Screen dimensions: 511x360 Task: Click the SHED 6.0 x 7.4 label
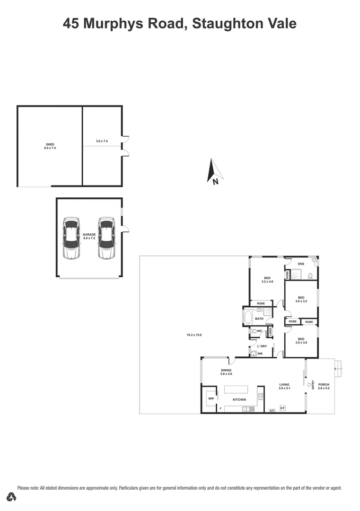click(x=50, y=146)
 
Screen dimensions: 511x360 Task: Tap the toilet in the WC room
click(x=254, y=332)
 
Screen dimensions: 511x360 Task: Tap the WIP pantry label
click(x=211, y=398)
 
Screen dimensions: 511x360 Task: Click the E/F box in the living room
click(x=282, y=408)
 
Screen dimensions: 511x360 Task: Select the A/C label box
click(x=272, y=410)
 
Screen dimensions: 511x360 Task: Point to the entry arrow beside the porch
click(x=310, y=384)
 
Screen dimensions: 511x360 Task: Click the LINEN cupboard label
click(x=270, y=333)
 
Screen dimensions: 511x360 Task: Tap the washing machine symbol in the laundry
click(x=260, y=353)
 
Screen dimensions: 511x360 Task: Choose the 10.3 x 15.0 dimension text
click(x=194, y=335)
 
